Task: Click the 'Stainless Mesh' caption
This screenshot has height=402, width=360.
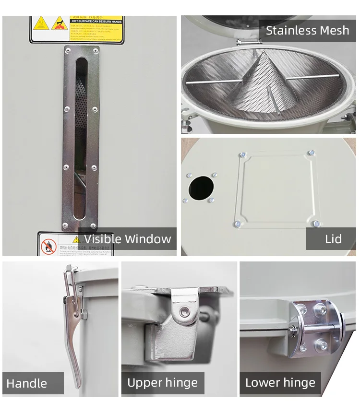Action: click(x=307, y=31)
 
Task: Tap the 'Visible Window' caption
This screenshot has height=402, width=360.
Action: click(x=127, y=239)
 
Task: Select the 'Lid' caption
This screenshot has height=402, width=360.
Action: click(x=333, y=239)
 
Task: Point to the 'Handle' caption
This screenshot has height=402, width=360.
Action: click(x=27, y=383)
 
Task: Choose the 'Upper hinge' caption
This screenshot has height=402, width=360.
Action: click(x=162, y=383)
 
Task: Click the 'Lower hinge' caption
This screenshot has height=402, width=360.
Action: click(x=280, y=383)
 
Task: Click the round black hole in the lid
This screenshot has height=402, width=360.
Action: click(x=201, y=188)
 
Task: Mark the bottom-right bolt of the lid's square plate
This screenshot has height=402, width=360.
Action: click(x=316, y=223)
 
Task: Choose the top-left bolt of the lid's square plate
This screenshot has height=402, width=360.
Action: click(x=243, y=155)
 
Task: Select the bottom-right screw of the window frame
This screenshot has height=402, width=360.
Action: click(x=93, y=225)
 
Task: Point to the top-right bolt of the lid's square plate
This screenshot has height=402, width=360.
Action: click(x=312, y=153)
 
